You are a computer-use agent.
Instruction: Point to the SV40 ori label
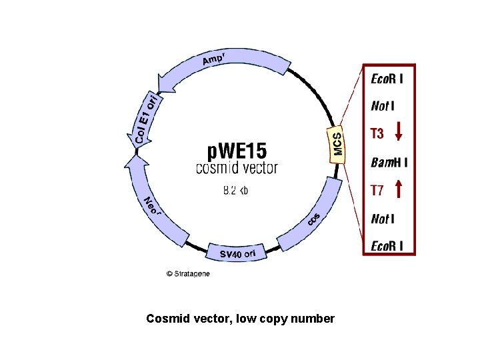pyautogui.click(x=238, y=253)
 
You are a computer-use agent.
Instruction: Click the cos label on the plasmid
pyautogui.click(x=314, y=219)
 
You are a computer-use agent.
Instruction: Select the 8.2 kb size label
pyautogui.click(x=235, y=190)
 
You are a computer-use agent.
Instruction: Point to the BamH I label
pyautogui.click(x=389, y=162)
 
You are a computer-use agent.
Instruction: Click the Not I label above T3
pyautogui.click(x=382, y=105)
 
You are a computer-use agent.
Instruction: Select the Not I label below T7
pyautogui.click(x=382, y=218)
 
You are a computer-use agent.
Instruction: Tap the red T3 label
pyautogui.click(x=377, y=133)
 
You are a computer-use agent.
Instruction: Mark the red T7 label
pyautogui.click(x=377, y=191)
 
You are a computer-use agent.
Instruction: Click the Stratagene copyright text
pyautogui.click(x=188, y=273)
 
